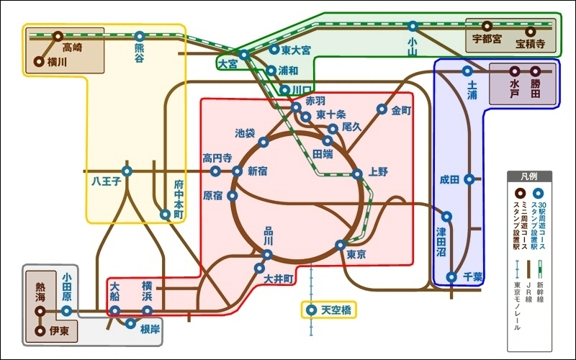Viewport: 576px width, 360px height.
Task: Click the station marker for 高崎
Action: (58, 37)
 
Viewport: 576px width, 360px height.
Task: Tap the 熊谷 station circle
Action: (139, 37)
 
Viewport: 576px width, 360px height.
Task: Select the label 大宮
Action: (228, 64)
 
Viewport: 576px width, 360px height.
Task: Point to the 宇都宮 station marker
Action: (487, 26)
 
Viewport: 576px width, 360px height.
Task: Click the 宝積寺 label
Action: (530, 44)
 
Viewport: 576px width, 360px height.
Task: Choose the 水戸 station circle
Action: (514, 71)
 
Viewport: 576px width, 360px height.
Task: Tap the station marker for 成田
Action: (469, 179)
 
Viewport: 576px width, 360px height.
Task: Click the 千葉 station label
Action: (473, 276)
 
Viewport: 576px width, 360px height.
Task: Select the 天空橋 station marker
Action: (312, 310)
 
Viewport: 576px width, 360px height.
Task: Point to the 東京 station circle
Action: (341, 245)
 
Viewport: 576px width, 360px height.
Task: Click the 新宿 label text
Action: (258, 171)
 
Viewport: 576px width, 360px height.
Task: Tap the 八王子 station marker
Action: (127, 171)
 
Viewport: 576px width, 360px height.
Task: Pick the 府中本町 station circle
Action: (166, 215)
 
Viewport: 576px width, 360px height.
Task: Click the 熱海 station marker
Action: (40, 312)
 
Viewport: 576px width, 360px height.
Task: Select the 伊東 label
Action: (59, 331)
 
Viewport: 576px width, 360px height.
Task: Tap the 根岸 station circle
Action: (130, 323)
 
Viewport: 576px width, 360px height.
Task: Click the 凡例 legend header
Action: (529, 176)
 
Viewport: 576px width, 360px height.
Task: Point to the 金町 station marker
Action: (382, 109)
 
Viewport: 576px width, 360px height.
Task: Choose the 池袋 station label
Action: (245, 133)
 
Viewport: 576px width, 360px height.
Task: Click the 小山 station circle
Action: (413, 26)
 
